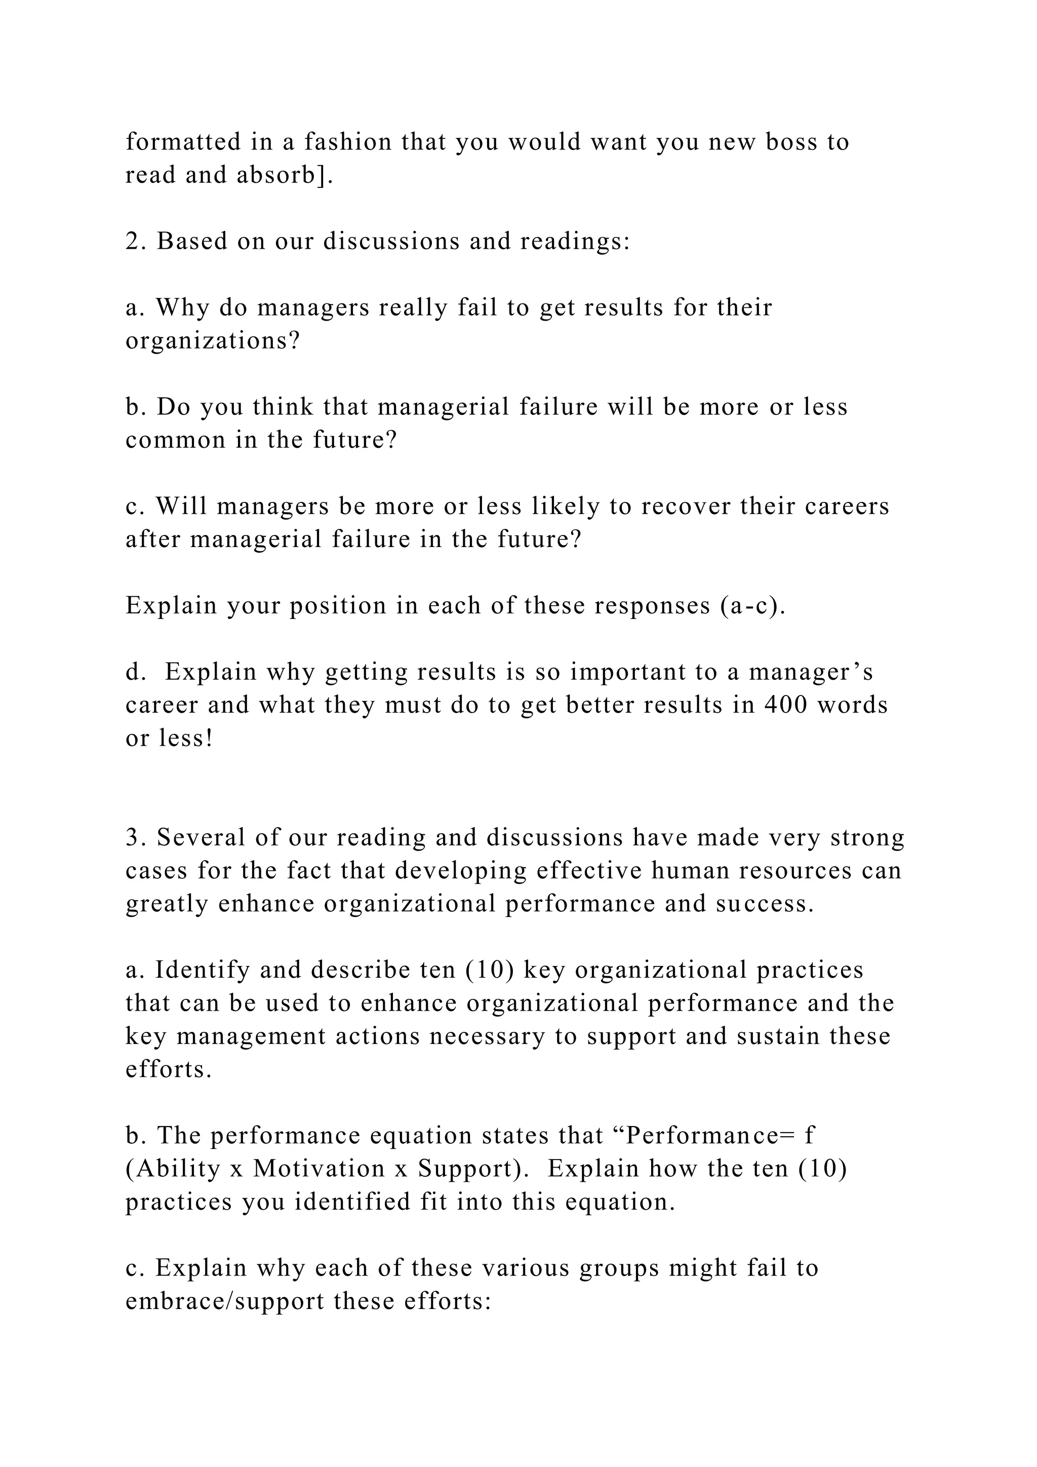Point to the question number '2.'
(137, 242)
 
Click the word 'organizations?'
(213, 341)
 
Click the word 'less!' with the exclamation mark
(186, 739)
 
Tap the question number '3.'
(137, 838)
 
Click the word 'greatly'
(166, 904)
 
